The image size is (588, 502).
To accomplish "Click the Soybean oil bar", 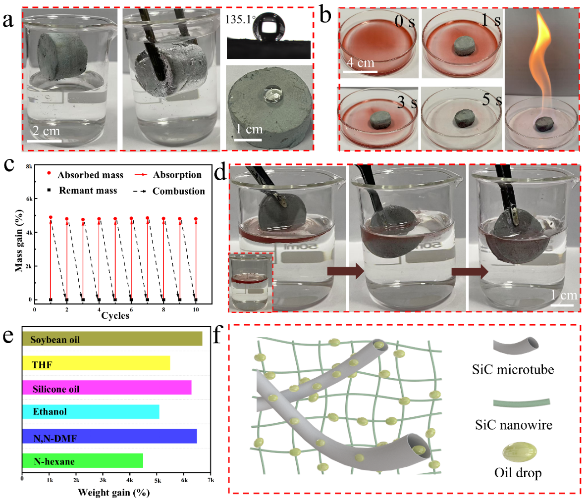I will coord(112,339).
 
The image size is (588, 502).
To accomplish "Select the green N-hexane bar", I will coord(82,461).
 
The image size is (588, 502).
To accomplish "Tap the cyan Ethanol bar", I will coord(91,411).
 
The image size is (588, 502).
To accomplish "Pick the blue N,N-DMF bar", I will coord(109,437).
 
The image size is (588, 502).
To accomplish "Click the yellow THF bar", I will coord(96,364).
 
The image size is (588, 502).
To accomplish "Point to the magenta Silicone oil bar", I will coord(107,389).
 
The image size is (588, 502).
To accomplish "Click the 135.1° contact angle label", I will coord(240,20).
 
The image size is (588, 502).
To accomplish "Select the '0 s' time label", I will coord(405,22).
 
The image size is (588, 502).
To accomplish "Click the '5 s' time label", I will coord(492,100).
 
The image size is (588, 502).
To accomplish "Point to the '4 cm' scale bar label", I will coord(360,63).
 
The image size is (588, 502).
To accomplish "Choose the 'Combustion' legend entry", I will coord(178,191).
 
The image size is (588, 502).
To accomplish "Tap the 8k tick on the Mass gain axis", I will coord(29,167).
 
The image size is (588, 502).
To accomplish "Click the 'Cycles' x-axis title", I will coord(115,315).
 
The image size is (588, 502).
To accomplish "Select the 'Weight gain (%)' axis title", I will coord(113,492).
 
